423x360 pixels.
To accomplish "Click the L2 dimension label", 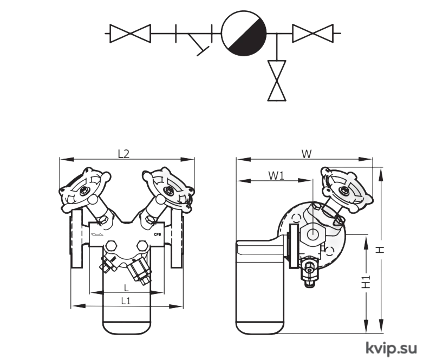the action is click(x=124, y=154).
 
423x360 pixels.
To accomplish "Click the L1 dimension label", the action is click(x=126, y=300).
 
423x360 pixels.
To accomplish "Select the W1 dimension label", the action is click(x=276, y=176).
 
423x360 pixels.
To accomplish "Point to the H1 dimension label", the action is click(x=366, y=282).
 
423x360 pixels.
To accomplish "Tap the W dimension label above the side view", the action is click(x=306, y=154).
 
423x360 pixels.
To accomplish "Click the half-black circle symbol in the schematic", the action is click(x=244, y=33).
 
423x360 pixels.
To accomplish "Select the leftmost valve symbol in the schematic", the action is click(x=131, y=34).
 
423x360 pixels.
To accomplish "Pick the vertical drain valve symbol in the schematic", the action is click(x=277, y=80).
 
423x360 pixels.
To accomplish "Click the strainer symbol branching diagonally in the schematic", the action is click(x=199, y=43).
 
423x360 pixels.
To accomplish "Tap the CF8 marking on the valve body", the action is click(x=157, y=234).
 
